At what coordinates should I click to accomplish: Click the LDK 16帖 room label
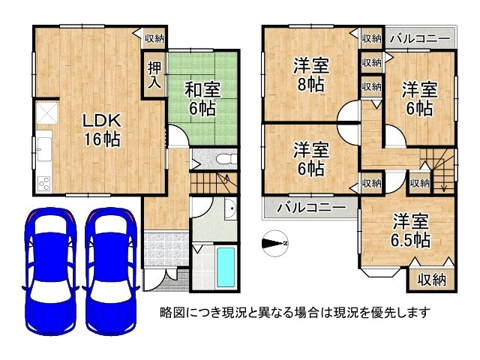click(102, 130)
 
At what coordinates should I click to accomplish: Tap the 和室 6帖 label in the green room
click(202, 100)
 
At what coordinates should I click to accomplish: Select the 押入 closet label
click(154, 75)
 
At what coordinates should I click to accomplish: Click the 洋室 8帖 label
click(310, 74)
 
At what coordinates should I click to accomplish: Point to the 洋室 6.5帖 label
click(410, 231)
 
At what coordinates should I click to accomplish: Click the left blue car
click(50, 271)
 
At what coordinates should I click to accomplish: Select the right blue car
click(111, 271)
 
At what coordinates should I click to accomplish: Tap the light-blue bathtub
click(226, 267)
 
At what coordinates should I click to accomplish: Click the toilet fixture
click(226, 159)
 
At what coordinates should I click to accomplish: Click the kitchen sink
click(44, 149)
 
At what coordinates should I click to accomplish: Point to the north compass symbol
click(275, 243)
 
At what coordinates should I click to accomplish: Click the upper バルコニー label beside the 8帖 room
click(420, 38)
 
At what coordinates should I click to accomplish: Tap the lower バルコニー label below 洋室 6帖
click(311, 208)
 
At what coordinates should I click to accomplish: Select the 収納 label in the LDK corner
click(154, 38)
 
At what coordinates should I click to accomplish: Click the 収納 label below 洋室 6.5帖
click(432, 280)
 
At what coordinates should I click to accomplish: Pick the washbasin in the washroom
click(231, 208)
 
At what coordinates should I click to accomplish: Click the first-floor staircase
click(214, 183)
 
